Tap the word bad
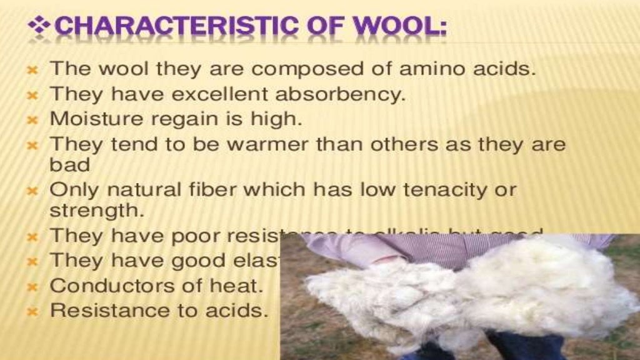pos(69,165)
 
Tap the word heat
pos(238,286)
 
